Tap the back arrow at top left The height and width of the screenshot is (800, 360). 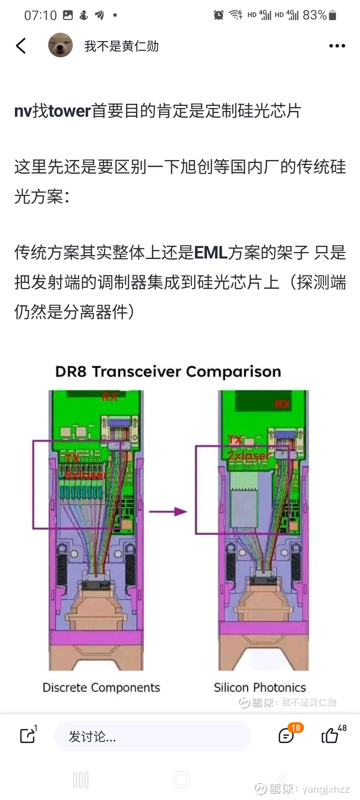[21, 46]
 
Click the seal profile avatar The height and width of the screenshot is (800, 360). [60, 45]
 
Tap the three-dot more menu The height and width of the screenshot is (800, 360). [337, 46]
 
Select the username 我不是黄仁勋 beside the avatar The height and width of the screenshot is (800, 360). [121, 46]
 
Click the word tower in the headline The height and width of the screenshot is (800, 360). [69, 111]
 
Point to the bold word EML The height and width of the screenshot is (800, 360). [211, 252]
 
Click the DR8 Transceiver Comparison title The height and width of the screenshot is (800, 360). [168, 371]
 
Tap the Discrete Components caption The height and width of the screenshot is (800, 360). [101, 687]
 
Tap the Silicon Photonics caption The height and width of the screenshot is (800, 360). [260, 687]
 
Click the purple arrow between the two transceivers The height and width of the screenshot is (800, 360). [168, 511]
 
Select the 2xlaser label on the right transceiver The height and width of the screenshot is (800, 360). [249, 455]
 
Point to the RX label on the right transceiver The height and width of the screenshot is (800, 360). [282, 404]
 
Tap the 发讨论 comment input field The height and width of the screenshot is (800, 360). [152, 736]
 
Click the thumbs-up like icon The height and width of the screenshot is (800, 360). [329, 736]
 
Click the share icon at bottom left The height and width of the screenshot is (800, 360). [27, 736]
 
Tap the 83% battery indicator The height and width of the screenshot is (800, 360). [319, 15]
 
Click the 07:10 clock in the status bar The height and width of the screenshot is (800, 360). [40, 15]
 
